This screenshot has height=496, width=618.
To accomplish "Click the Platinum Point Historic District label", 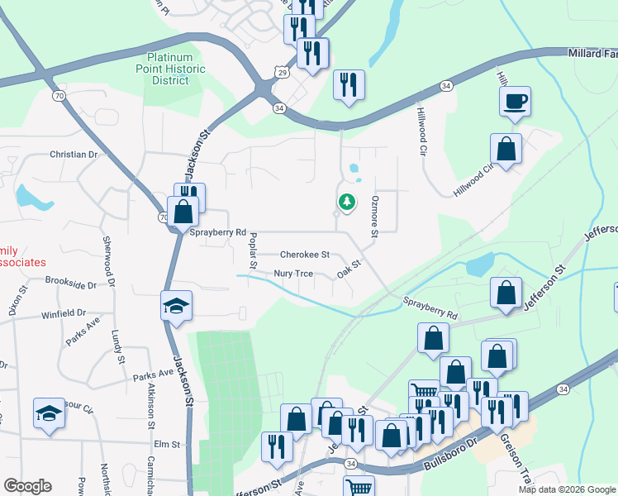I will click(176, 69).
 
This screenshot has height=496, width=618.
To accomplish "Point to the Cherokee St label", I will click(305, 255).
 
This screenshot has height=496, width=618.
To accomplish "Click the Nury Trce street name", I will click(292, 274).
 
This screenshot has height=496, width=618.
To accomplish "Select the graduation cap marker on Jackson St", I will click(176, 307).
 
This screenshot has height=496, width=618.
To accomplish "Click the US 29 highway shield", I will click(283, 73).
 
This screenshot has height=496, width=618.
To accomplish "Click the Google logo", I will click(27, 486).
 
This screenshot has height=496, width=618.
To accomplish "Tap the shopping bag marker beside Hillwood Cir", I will click(506, 150).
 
